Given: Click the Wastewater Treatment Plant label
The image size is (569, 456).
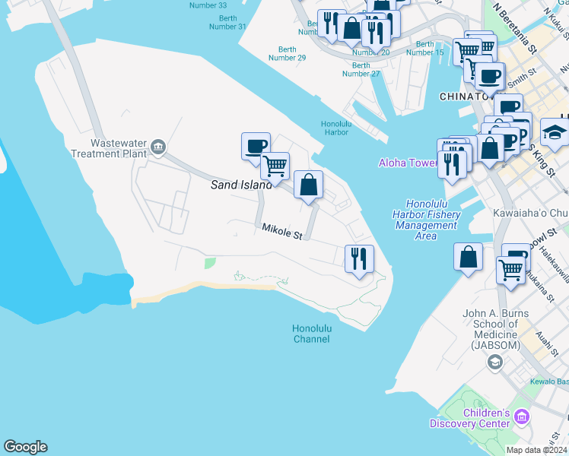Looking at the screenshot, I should pos(117,147).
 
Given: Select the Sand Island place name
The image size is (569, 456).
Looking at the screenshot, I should pos(241,185).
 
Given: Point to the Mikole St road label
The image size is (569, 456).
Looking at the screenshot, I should pos(282,233).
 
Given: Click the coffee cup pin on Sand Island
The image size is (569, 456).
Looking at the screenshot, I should pos(256,145).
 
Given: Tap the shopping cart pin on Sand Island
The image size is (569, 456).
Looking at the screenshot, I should pos(275,164).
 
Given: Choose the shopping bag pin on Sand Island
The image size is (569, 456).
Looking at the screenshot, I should pos(308,185).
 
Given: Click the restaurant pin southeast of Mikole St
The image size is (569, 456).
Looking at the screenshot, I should pos(359,258).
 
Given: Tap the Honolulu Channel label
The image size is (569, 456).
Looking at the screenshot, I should pos(311,334).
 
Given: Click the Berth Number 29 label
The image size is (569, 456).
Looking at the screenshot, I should pos(287,53).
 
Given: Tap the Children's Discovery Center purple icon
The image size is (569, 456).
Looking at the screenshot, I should pos(521,416).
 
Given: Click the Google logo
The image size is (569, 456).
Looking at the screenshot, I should pos(25,447).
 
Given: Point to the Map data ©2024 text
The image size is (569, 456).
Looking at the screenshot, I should pos(536,450).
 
